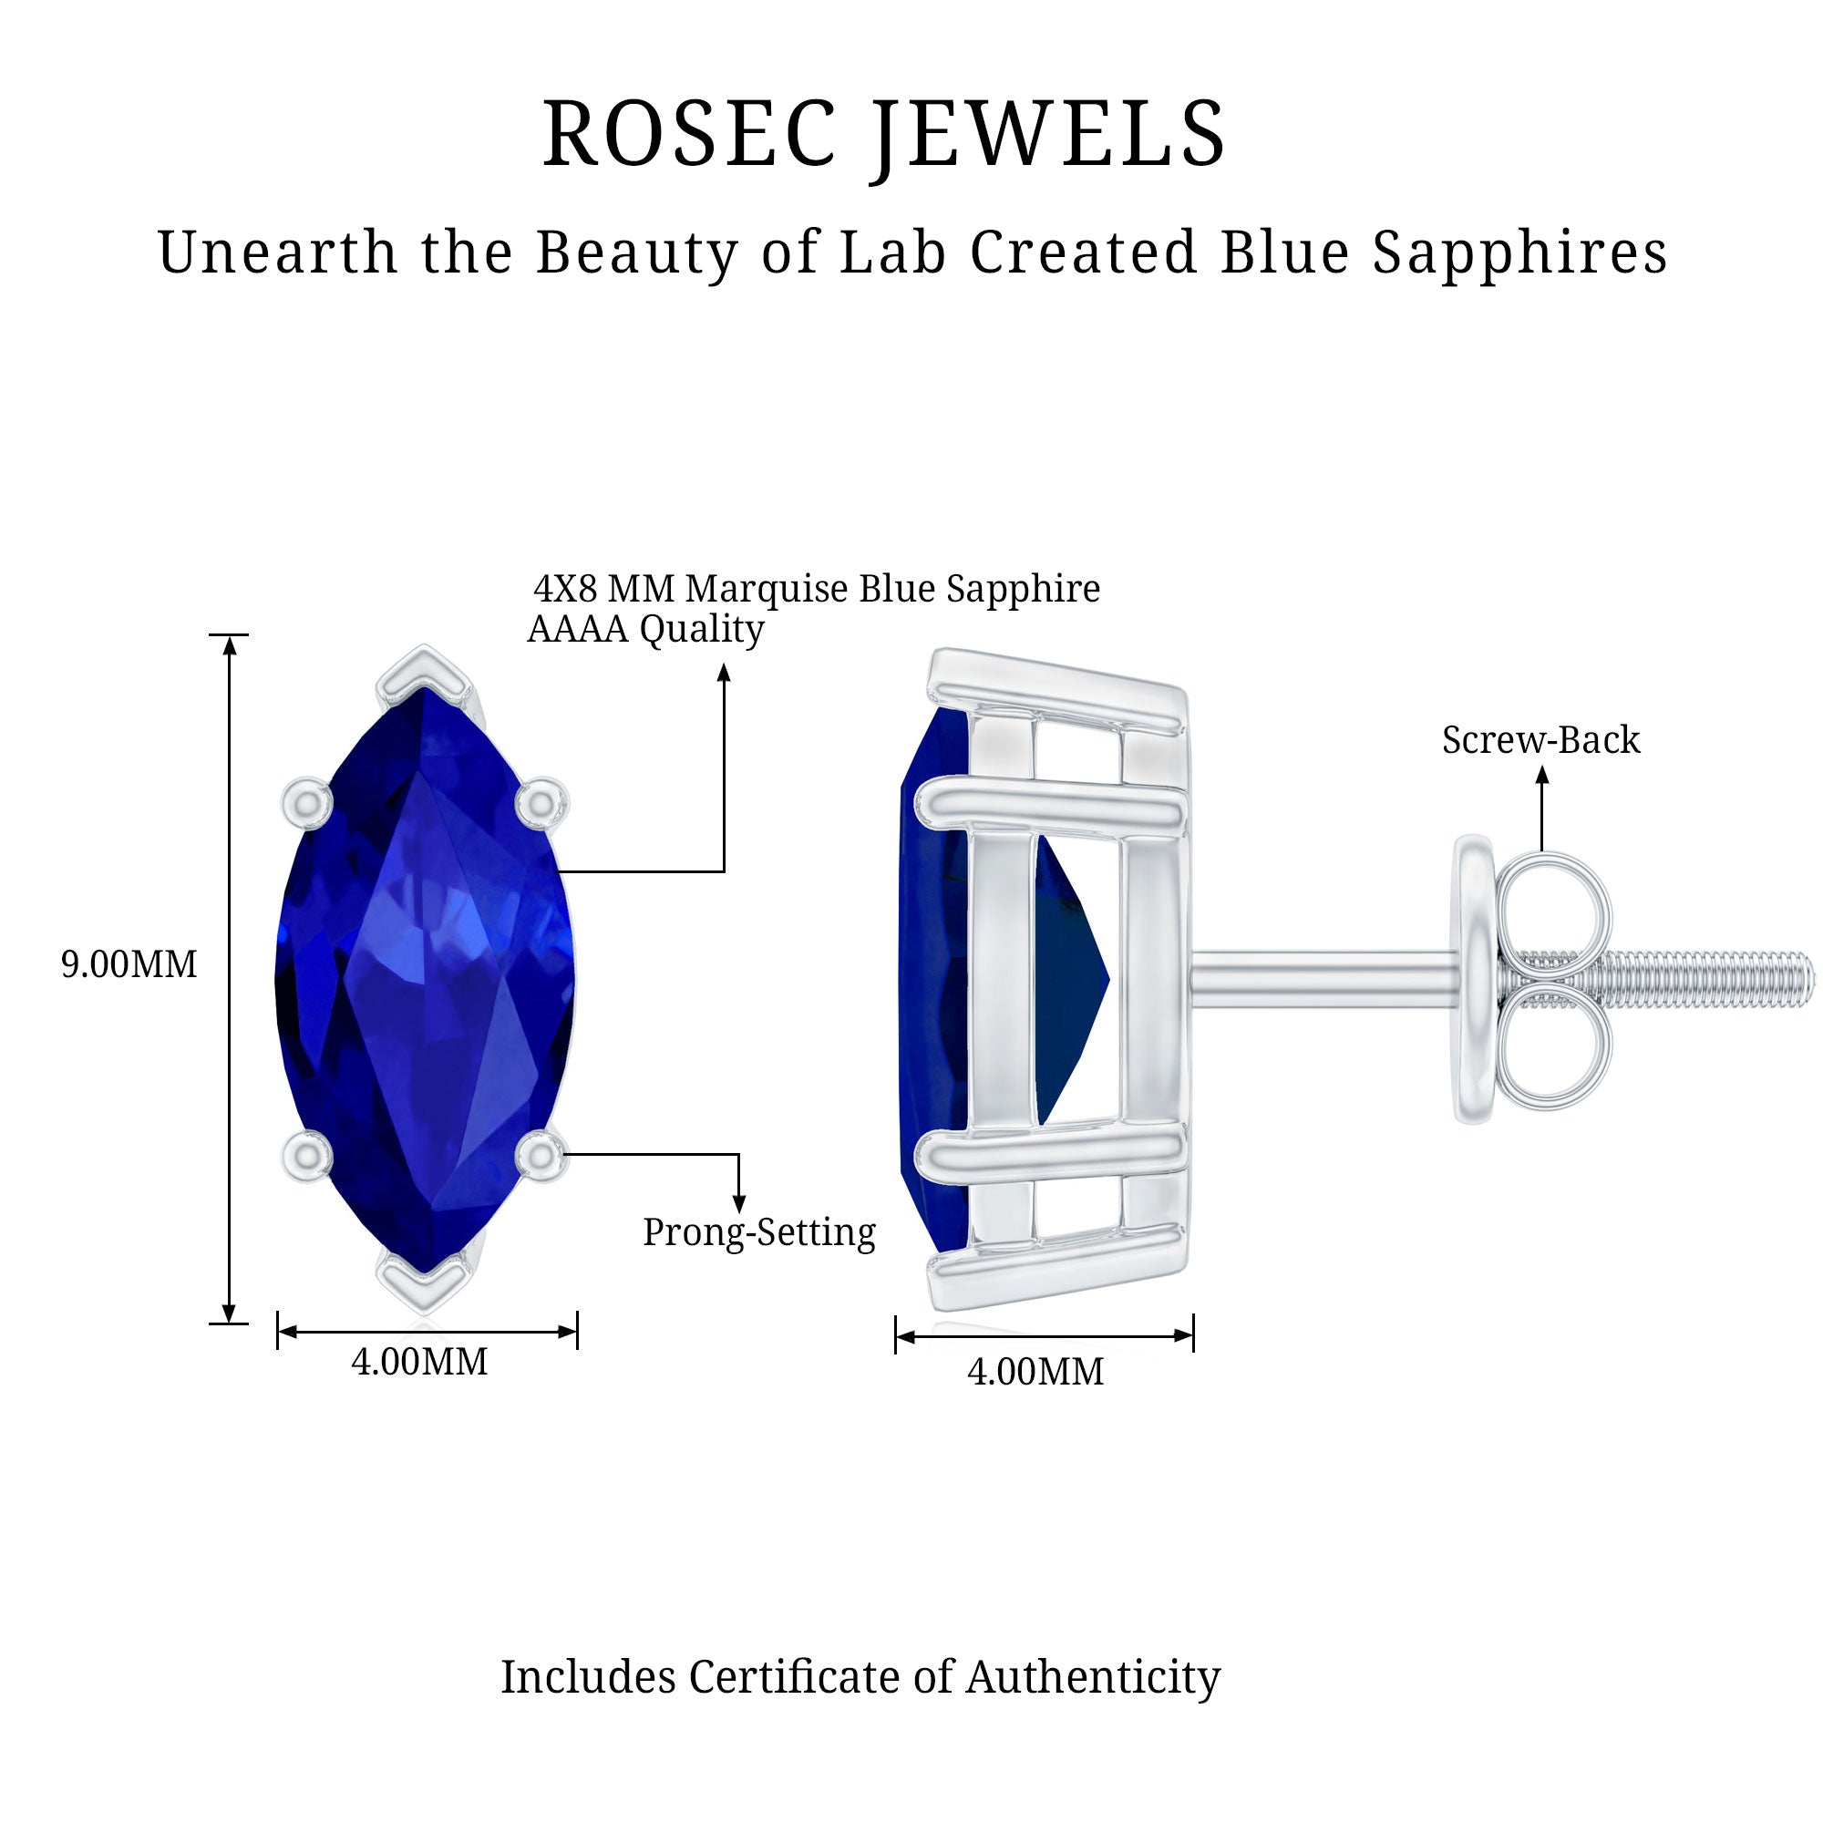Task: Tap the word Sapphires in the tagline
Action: coord(1519,253)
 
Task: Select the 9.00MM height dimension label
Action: coord(129,963)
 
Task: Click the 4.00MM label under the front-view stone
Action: coord(420,1362)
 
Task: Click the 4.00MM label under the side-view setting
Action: coord(1036,1371)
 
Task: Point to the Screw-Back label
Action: coord(1540,740)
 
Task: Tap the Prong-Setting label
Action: coord(759,1233)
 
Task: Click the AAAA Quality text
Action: coord(646,629)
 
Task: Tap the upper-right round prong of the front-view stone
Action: coord(541,804)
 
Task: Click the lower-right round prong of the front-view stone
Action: coord(541,1153)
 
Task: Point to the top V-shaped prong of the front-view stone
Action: coord(425,675)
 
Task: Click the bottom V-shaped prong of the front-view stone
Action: coord(425,1281)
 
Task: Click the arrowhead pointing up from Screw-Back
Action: coord(1542,774)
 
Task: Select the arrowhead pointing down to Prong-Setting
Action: coord(739,1203)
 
